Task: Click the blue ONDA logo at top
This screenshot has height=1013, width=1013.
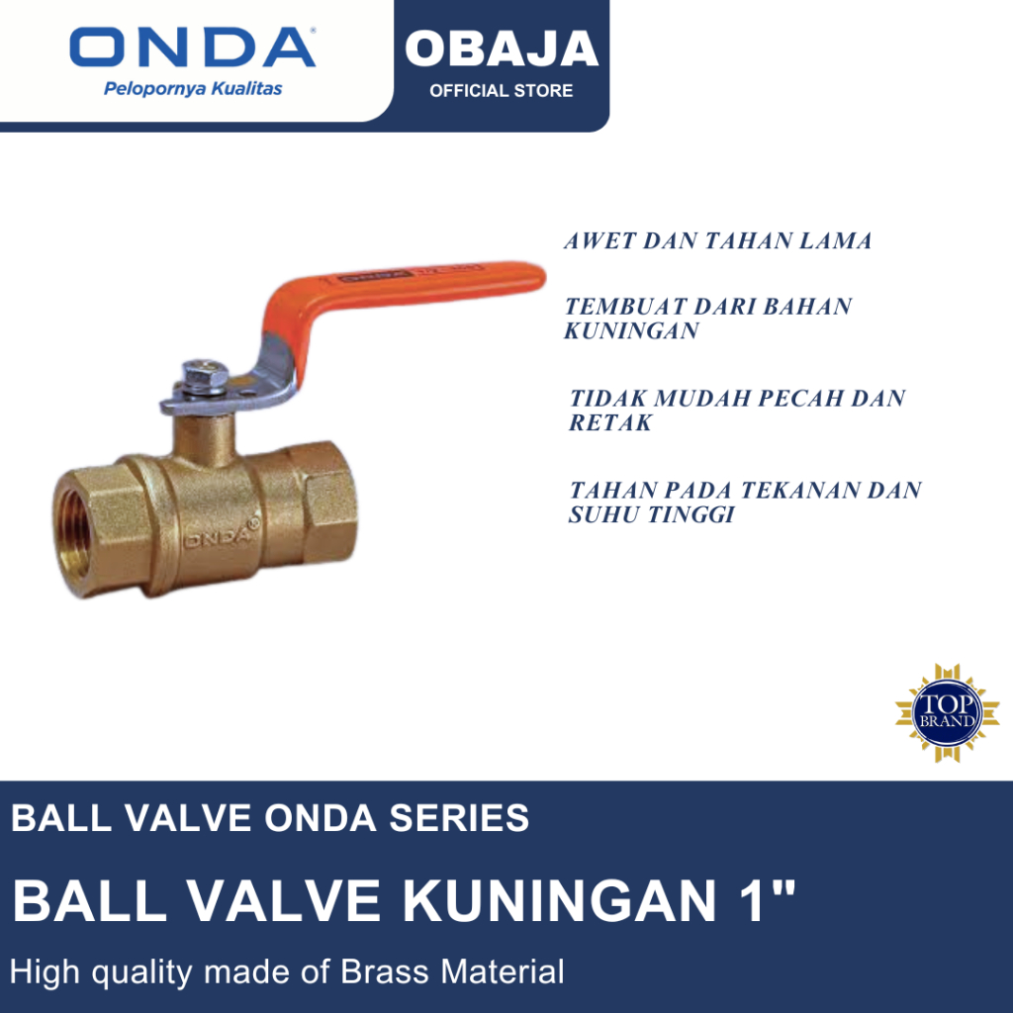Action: pos(193,47)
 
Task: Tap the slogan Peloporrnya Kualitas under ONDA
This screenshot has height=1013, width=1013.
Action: pos(193,89)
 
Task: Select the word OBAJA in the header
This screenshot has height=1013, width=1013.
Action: pos(502,49)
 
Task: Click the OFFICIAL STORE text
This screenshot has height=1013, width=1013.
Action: pos(501,91)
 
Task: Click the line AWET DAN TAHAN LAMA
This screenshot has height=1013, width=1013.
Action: pos(718,240)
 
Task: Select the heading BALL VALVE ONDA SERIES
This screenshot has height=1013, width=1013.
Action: pos(270,818)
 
